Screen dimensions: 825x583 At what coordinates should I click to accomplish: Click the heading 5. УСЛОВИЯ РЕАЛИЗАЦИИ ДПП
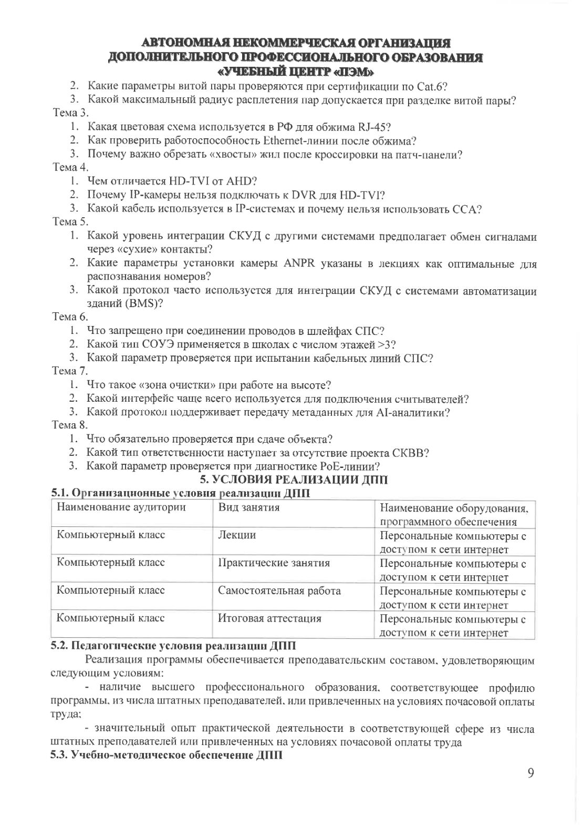[x=295, y=480]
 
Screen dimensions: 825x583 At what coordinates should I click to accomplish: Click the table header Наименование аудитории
[x=121, y=507]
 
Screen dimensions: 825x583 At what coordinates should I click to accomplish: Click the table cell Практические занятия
[x=274, y=563]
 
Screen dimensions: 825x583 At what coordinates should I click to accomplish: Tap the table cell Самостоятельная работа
[x=279, y=590]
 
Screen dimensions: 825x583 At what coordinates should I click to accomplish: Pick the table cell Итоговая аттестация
[x=269, y=618]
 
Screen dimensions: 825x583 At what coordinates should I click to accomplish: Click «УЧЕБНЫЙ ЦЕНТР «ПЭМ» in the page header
[x=296, y=70]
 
